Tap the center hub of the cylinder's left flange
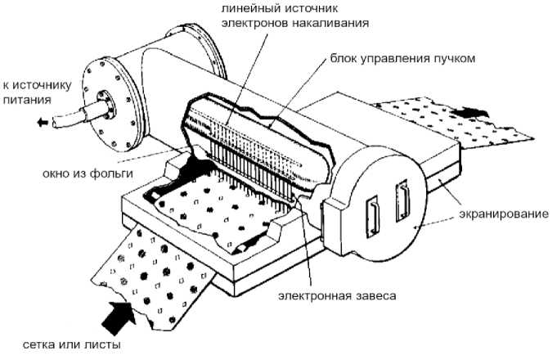point(103,106)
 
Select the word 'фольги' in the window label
point(106,173)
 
